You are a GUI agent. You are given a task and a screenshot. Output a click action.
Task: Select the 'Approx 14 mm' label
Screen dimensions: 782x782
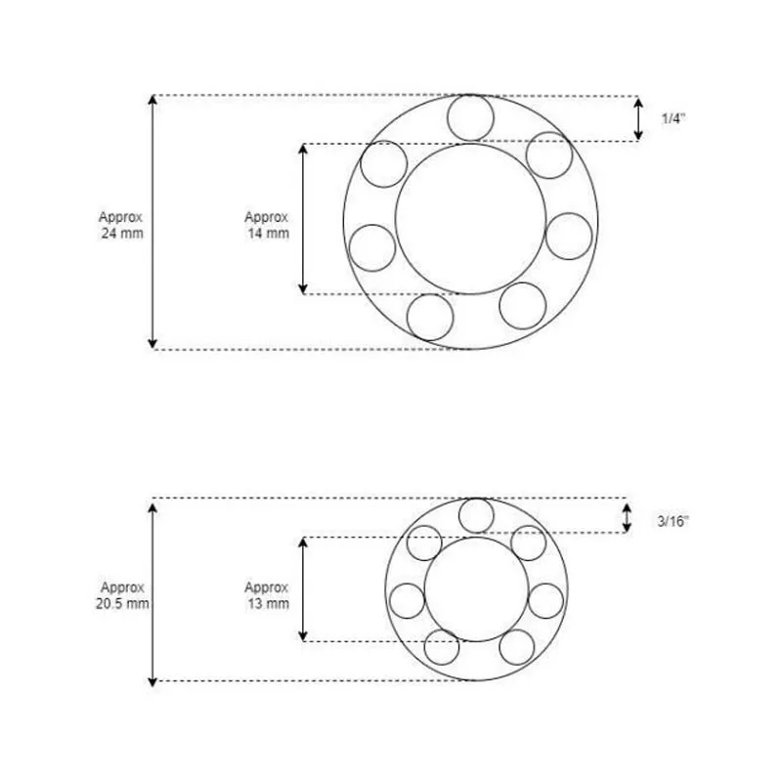[x=267, y=224]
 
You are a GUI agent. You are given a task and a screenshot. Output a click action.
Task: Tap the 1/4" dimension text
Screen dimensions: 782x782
[x=673, y=118]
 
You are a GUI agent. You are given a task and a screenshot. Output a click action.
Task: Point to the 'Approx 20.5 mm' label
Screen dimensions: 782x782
[x=123, y=595]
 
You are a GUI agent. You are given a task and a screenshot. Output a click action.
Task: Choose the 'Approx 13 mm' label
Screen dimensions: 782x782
[x=267, y=595]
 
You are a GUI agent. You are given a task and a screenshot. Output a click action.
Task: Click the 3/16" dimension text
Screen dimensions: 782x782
[x=673, y=521]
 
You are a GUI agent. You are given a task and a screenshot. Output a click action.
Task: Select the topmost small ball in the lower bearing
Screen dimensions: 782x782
[x=476, y=515]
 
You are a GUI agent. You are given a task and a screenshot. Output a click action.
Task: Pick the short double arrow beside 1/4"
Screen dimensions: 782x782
[x=638, y=118]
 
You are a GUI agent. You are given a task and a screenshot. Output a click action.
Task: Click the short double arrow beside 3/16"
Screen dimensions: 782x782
[x=628, y=517]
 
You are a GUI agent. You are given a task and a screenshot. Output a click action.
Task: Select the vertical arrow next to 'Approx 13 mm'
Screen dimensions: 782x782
[x=304, y=589]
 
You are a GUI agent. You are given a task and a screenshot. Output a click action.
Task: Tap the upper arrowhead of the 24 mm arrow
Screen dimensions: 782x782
[x=152, y=101]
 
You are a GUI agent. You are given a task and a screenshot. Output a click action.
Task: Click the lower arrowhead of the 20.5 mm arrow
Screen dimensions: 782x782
[x=152, y=676]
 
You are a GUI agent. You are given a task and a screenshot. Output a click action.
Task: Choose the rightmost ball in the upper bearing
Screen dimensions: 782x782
[x=569, y=236]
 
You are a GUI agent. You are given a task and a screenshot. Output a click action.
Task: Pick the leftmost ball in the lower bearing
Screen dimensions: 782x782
[x=407, y=599]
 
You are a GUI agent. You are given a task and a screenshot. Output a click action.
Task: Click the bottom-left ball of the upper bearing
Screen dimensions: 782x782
[x=431, y=317]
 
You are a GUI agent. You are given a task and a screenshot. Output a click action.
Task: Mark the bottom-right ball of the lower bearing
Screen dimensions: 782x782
[x=517, y=646]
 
